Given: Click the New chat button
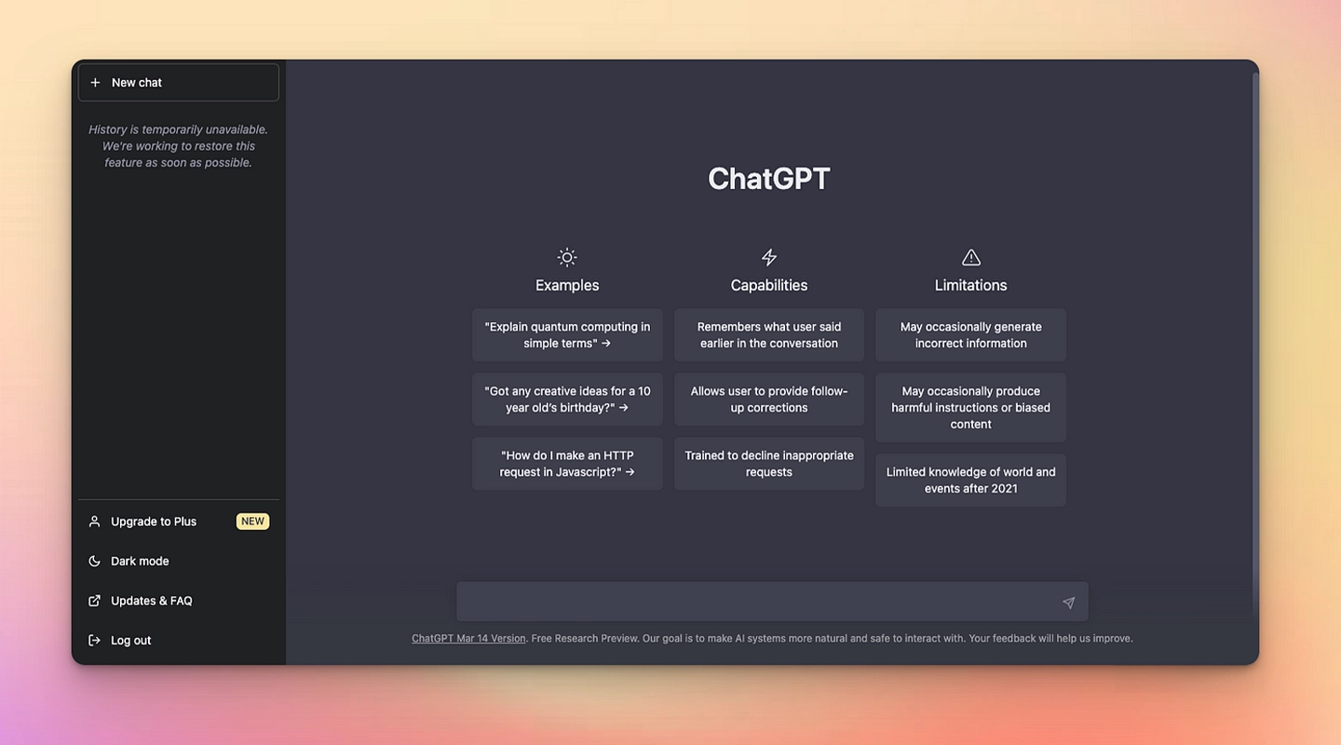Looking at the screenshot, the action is [179, 83].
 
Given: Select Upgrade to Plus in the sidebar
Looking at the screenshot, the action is [154, 521].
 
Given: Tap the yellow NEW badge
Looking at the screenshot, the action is [252, 521].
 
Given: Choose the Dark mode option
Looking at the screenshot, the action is [140, 562].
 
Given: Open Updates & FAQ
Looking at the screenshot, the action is [152, 601].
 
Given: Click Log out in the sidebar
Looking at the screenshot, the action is [130, 640].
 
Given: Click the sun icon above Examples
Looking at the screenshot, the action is [567, 258].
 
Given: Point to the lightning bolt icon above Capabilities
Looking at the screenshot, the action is [769, 258].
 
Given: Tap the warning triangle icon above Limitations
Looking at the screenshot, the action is [971, 258].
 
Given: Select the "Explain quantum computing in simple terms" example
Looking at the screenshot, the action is [567, 335].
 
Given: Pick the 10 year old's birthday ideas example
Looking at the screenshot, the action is [567, 400].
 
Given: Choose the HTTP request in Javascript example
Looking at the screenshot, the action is [567, 464].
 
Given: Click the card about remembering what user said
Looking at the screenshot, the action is [769, 335].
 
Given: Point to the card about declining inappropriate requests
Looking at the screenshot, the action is [769, 464].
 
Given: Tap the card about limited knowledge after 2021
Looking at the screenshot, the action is [971, 481].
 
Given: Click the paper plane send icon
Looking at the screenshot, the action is [1069, 603].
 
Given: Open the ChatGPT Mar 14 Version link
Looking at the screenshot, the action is [468, 639].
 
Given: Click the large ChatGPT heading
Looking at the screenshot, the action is [769, 179].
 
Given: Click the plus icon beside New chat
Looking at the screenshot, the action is [95, 83].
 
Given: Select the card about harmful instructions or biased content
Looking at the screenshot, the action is [971, 408].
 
